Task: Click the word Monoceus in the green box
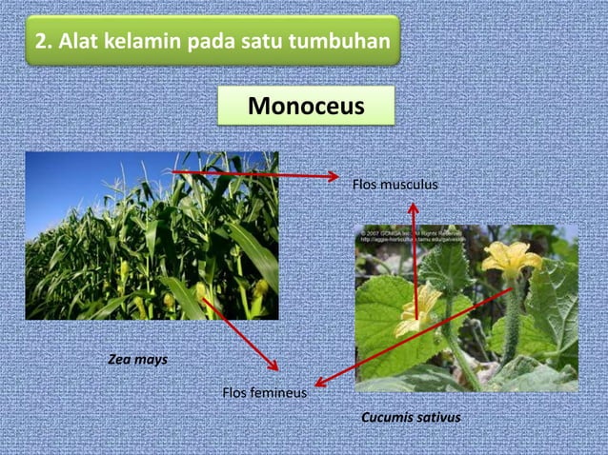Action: (306, 107)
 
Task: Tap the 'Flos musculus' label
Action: (395, 184)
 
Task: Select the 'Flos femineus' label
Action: (264, 391)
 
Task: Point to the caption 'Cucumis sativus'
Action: (411, 418)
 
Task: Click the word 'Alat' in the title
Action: (78, 42)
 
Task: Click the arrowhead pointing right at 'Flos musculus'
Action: (333, 176)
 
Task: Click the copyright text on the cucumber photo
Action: (410, 236)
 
